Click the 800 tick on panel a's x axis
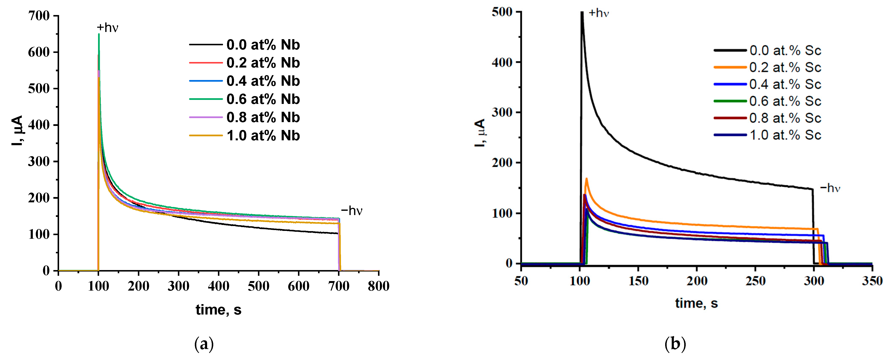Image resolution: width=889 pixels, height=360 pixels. (379, 286)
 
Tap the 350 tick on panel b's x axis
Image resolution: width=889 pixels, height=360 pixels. (872, 281)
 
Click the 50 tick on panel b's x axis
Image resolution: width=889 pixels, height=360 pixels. (521, 281)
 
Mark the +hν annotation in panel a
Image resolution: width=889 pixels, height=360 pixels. (107, 28)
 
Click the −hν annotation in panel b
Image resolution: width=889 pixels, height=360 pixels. (830, 188)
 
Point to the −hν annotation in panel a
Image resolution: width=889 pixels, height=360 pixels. (352, 211)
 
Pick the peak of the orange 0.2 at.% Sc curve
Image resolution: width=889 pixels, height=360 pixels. (586, 179)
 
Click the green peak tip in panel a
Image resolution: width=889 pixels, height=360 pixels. (99, 34)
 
